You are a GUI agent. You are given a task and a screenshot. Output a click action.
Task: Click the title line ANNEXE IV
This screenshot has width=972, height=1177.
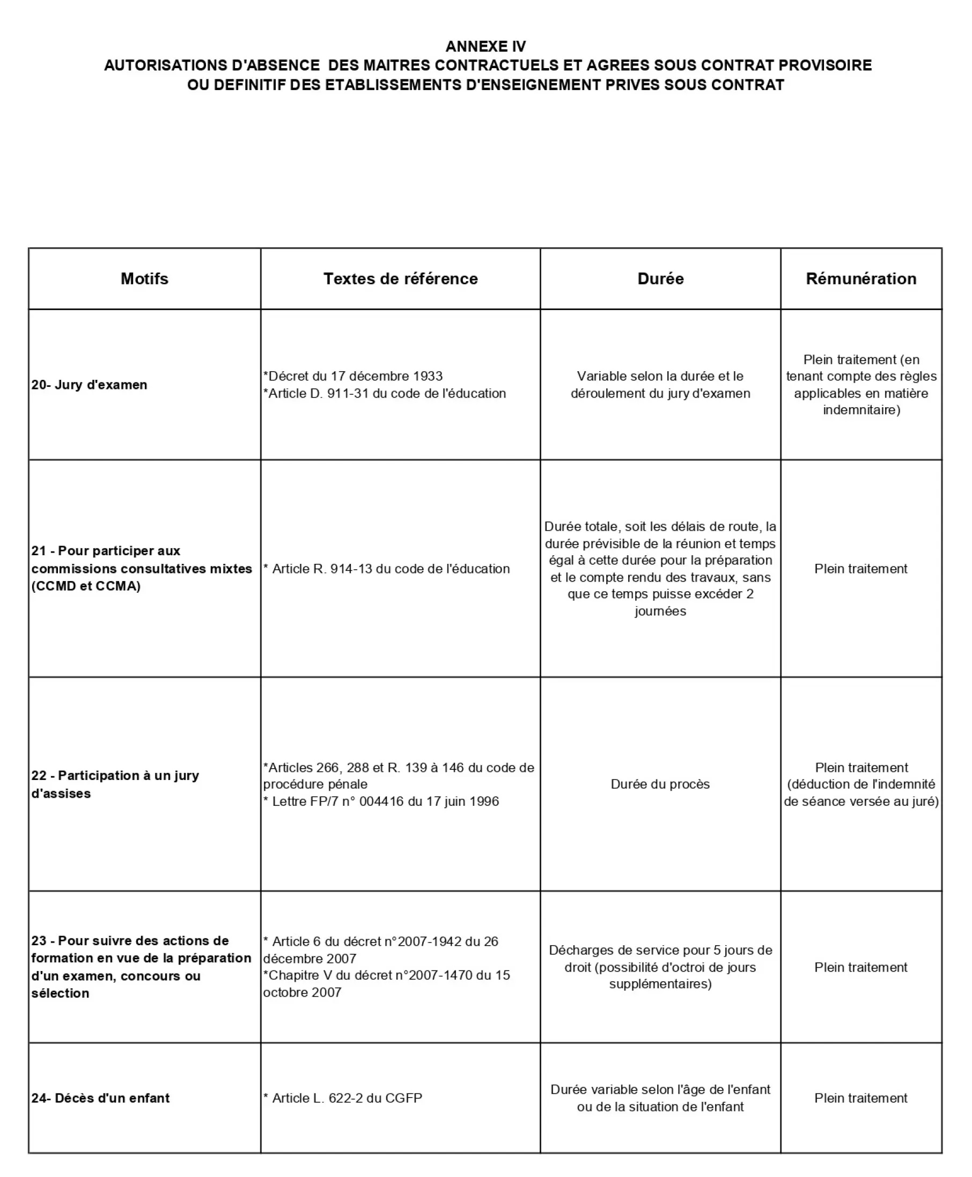click(x=485, y=46)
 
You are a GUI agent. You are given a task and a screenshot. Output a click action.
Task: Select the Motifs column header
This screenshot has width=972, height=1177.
click(x=144, y=278)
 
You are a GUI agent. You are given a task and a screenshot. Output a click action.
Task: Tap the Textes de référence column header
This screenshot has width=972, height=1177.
click(x=400, y=278)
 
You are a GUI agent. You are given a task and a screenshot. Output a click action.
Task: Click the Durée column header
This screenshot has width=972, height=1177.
click(x=660, y=278)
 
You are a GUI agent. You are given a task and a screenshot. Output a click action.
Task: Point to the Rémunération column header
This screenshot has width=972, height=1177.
click(x=860, y=278)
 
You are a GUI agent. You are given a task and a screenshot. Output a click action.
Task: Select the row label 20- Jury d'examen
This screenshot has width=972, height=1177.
click(x=89, y=385)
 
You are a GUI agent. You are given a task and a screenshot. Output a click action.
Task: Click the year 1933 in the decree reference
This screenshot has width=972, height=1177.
click(x=427, y=376)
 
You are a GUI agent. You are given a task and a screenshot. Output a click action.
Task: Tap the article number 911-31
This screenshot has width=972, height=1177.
click(x=348, y=393)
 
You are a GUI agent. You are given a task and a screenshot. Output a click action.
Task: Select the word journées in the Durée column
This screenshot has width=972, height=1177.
click(x=660, y=611)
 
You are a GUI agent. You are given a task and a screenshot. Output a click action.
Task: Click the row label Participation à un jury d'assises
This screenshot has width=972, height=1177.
click(x=115, y=784)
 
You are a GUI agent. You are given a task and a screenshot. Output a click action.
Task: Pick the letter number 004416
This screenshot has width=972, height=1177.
click(x=381, y=801)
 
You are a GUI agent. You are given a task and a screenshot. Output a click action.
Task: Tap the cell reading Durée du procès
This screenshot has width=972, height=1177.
click(x=660, y=784)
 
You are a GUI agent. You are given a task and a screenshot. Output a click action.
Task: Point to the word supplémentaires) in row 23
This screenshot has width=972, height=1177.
click(x=660, y=984)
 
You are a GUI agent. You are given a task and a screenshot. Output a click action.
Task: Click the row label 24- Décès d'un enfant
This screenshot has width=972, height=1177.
click(x=100, y=1098)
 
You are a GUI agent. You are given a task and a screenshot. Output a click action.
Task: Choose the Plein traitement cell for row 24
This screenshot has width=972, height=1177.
click(x=860, y=1098)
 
